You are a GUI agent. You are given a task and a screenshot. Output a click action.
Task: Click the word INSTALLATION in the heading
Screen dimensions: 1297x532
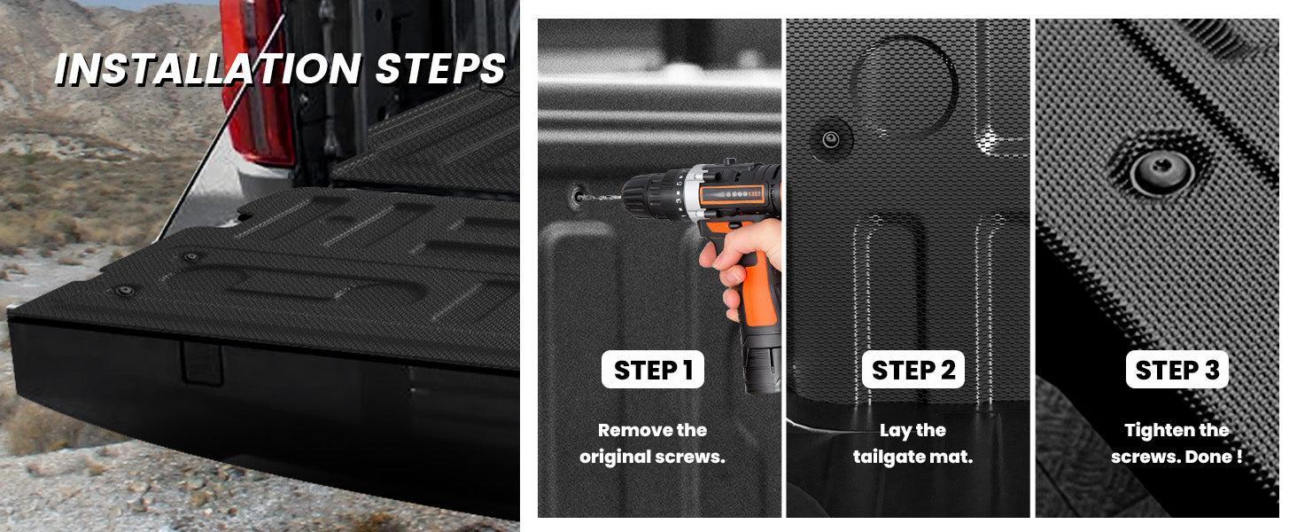coord(208,69)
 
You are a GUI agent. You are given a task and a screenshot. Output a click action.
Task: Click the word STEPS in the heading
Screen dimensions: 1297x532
coord(440,69)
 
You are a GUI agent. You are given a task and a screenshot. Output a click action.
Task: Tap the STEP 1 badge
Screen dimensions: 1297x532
coord(653,370)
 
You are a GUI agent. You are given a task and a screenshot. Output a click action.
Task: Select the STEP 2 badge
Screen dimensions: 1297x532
coord(913,370)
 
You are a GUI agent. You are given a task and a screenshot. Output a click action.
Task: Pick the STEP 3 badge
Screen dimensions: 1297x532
coord(1177,370)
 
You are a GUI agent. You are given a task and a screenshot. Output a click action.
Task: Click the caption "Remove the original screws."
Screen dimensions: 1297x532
coord(653,443)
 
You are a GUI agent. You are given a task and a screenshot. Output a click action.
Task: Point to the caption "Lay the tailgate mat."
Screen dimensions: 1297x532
coord(913,443)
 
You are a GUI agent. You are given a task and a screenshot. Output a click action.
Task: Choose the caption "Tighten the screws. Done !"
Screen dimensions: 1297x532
coord(1177,443)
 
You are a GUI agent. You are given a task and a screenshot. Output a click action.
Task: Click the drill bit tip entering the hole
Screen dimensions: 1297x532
coord(580,197)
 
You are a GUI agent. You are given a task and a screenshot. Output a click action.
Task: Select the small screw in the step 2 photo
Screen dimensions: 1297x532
coord(831,139)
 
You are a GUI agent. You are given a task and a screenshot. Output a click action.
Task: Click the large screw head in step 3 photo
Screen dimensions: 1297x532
coord(1162,170)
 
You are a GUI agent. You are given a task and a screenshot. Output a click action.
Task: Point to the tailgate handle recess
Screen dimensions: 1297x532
coord(201,364)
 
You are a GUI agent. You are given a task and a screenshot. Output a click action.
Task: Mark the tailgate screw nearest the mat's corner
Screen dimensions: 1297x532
coord(124,290)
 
